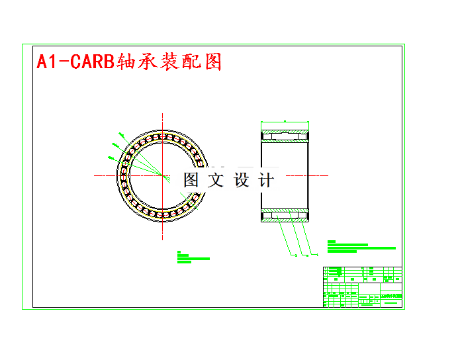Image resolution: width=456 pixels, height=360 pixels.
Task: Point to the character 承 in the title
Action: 148,62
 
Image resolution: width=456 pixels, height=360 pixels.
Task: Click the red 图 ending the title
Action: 212,62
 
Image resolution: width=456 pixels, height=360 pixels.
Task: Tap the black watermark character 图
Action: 191,180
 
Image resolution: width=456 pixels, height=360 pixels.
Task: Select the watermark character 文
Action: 216,180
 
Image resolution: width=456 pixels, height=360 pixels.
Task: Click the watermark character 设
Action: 241,180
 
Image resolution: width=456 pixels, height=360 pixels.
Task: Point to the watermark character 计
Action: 265,180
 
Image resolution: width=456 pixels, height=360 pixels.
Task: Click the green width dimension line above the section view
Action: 285,123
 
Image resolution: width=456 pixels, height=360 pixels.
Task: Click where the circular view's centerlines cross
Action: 163,175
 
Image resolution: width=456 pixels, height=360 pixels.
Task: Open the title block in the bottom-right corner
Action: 362,287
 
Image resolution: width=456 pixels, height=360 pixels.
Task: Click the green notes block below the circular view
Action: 193,257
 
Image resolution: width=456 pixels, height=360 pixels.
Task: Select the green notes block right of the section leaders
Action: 361,247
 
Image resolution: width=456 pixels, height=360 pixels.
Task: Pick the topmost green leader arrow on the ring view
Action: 122,135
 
